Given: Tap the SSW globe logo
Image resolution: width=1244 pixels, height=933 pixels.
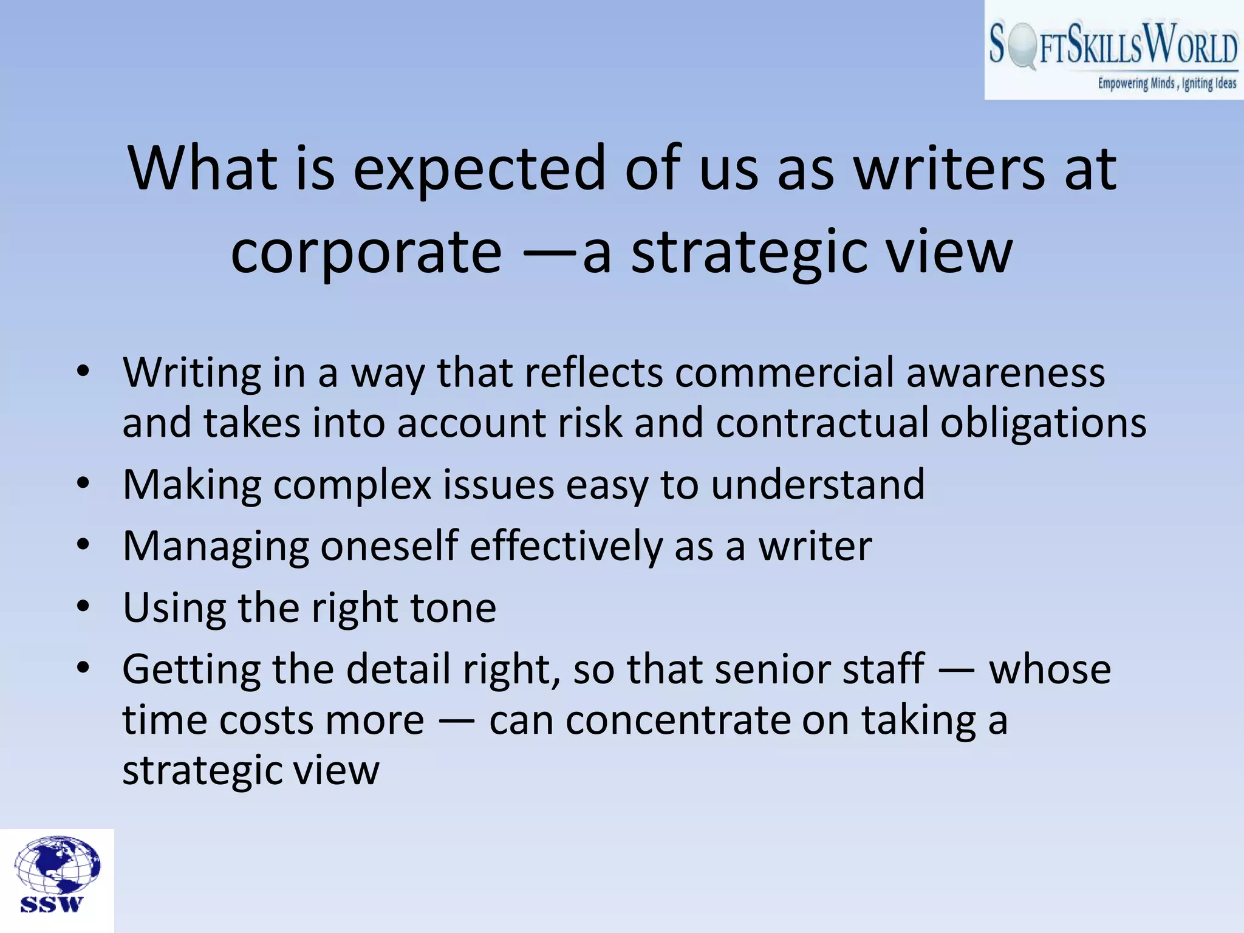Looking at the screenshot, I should (58, 875).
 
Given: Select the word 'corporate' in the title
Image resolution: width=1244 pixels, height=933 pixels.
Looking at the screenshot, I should (366, 251).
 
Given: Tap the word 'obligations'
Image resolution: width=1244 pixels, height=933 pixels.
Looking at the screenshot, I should (1043, 423).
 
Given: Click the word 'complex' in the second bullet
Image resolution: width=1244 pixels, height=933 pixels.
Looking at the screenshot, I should (352, 485).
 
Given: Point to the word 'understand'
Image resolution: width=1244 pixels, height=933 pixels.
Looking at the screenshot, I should (817, 485).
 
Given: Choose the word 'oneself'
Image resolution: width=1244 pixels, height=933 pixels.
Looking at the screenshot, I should (389, 546).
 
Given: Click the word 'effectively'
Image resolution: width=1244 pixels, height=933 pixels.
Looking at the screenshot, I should (566, 546).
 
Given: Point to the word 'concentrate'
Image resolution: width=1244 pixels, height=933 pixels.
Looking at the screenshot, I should (677, 721).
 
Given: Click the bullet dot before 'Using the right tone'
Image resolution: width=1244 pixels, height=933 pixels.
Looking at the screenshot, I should (83, 606).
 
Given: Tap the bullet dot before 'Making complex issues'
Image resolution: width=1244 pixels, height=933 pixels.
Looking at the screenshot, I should (83, 484).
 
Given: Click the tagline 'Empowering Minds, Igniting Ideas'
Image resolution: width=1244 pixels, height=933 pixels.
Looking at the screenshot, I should (1166, 83).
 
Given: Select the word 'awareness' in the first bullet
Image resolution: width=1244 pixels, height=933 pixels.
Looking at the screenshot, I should (1005, 372).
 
